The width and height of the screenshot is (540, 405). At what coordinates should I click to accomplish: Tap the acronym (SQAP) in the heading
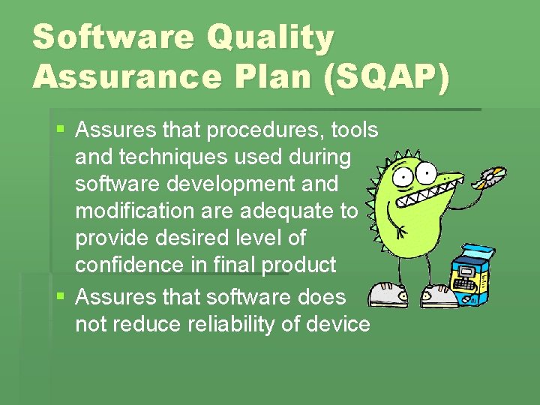click(x=385, y=76)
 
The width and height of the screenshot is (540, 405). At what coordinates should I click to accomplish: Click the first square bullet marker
click(x=61, y=130)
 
